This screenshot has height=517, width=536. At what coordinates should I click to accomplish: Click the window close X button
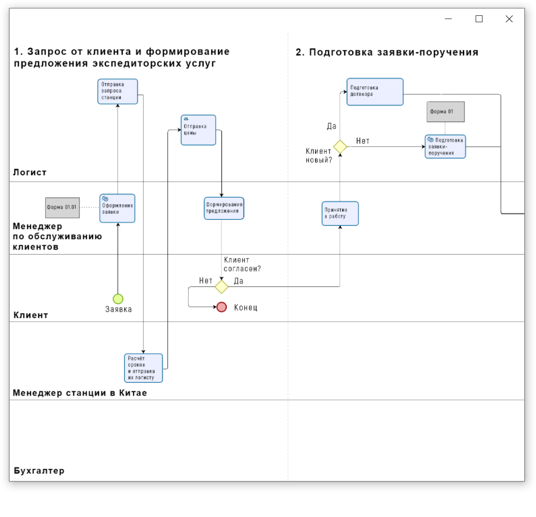pyautogui.click(x=509, y=19)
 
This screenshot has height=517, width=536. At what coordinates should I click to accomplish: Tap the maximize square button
pyautogui.click(x=479, y=19)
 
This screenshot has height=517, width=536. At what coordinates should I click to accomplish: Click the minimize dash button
pyautogui.click(x=448, y=19)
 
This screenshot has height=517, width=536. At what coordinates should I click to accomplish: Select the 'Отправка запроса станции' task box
pyautogui.click(x=118, y=92)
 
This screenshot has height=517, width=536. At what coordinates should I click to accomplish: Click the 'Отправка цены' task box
pyautogui.click(x=198, y=130)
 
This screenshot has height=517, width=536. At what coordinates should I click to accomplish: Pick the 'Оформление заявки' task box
pyautogui.click(x=117, y=208)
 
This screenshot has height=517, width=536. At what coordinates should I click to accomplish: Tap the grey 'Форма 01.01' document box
pyautogui.click(x=62, y=207)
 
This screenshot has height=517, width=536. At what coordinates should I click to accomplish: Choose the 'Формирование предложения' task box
pyautogui.click(x=224, y=208)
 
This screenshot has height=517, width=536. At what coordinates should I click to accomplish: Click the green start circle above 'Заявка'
pyautogui.click(x=118, y=299)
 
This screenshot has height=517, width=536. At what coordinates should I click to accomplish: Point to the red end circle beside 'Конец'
pyautogui.click(x=221, y=307)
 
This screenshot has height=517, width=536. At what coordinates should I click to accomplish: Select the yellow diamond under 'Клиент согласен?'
pyautogui.click(x=221, y=287)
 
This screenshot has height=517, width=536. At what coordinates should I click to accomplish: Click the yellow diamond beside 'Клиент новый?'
pyautogui.click(x=340, y=147)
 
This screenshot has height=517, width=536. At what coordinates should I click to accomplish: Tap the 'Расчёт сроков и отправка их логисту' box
pyautogui.click(x=143, y=368)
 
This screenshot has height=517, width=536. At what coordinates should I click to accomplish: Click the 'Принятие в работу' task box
pyautogui.click(x=340, y=213)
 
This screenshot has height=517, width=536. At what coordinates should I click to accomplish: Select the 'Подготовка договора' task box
pyautogui.click(x=375, y=92)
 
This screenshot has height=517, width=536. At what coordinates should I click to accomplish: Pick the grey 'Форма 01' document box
pyautogui.click(x=445, y=112)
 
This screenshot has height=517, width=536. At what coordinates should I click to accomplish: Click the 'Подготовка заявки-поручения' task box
pyautogui.click(x=445, y=147)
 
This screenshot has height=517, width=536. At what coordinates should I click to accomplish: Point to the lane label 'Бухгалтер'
pyautogui.click(x=39, y=471)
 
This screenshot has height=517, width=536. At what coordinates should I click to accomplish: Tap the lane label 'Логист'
pyautogui.click(x=30, y=173)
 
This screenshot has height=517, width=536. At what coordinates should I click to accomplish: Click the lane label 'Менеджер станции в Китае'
pyautogui.click(x=80, y=393)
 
